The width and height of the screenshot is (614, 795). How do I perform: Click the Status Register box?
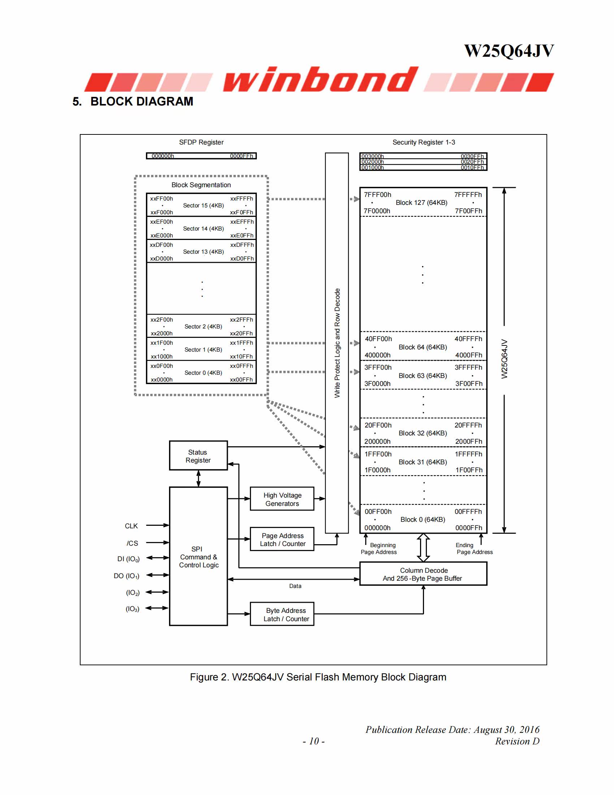pyautogui.click(x=198, y=455)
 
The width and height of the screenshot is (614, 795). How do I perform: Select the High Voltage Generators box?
pyautogui.click(x=282, y=499)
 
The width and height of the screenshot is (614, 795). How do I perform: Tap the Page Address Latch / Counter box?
pyautogui.click(x=282, y=539)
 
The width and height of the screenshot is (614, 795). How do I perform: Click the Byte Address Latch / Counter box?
pyautogui.click(x=282, y=614)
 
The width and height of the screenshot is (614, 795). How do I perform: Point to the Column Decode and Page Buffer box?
pyautogui.click(x=423, y=574)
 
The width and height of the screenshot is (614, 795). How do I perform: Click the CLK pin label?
pyautogui.click(x=131, y=526)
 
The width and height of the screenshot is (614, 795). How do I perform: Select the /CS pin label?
pyautogui.click(x=132, y=543)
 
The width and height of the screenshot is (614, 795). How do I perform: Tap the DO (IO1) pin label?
pyautogui.click(x=126, y=576)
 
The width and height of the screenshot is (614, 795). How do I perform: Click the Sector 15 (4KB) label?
pyautogui.click(x=203, y=205)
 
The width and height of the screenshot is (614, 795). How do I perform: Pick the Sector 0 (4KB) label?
pyautogui.click(x=203, y=373)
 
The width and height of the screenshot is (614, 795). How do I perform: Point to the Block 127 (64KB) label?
pyautogui.click(x=421, y=202)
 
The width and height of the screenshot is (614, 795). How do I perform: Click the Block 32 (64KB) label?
pyautogui.click(x=423, y=433)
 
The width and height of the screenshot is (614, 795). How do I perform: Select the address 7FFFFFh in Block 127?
pyautogui.click(x=468, y=195)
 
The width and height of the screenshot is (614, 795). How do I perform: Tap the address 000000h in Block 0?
pyautogui.click(x=377, y=528)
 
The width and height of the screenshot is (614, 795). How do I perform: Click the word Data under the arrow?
pyautogui.click(x=295, y=586)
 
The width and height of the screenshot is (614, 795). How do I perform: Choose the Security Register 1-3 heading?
pyautogui.click(x=423, y=142)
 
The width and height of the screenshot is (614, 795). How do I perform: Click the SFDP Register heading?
pyautogui.click(x=201, y=142)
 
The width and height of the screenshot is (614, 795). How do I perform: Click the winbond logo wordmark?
pyautogui.click(x=320, y=79)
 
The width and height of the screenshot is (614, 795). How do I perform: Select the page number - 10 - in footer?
pyautogui.click(x=314, y=741)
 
